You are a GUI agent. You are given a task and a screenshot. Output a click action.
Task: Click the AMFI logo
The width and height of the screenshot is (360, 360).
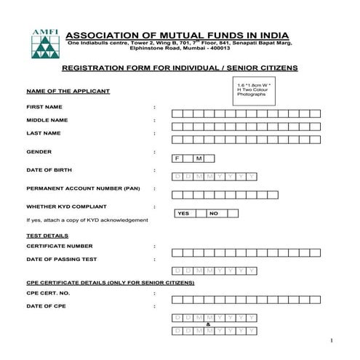tap(42, 45)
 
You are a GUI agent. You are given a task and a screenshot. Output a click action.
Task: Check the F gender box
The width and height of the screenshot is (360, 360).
tap(177, 159)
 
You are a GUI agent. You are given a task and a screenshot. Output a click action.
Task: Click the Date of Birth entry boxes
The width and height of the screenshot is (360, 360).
tap(214, 177)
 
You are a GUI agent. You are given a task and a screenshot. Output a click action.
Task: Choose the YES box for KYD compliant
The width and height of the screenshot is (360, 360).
tap(183, 214)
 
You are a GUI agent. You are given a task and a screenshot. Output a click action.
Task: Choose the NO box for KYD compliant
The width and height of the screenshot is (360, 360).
tap(213, 214)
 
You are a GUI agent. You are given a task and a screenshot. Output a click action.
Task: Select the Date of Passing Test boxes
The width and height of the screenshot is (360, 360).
tap(214, 270)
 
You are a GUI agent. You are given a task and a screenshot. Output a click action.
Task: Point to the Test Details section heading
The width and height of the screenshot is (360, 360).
tap(47, 236)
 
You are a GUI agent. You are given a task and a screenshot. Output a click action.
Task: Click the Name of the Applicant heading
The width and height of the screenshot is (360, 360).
tap(68, 91)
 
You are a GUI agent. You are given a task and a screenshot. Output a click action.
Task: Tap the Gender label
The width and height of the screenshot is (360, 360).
tap(39, 152)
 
